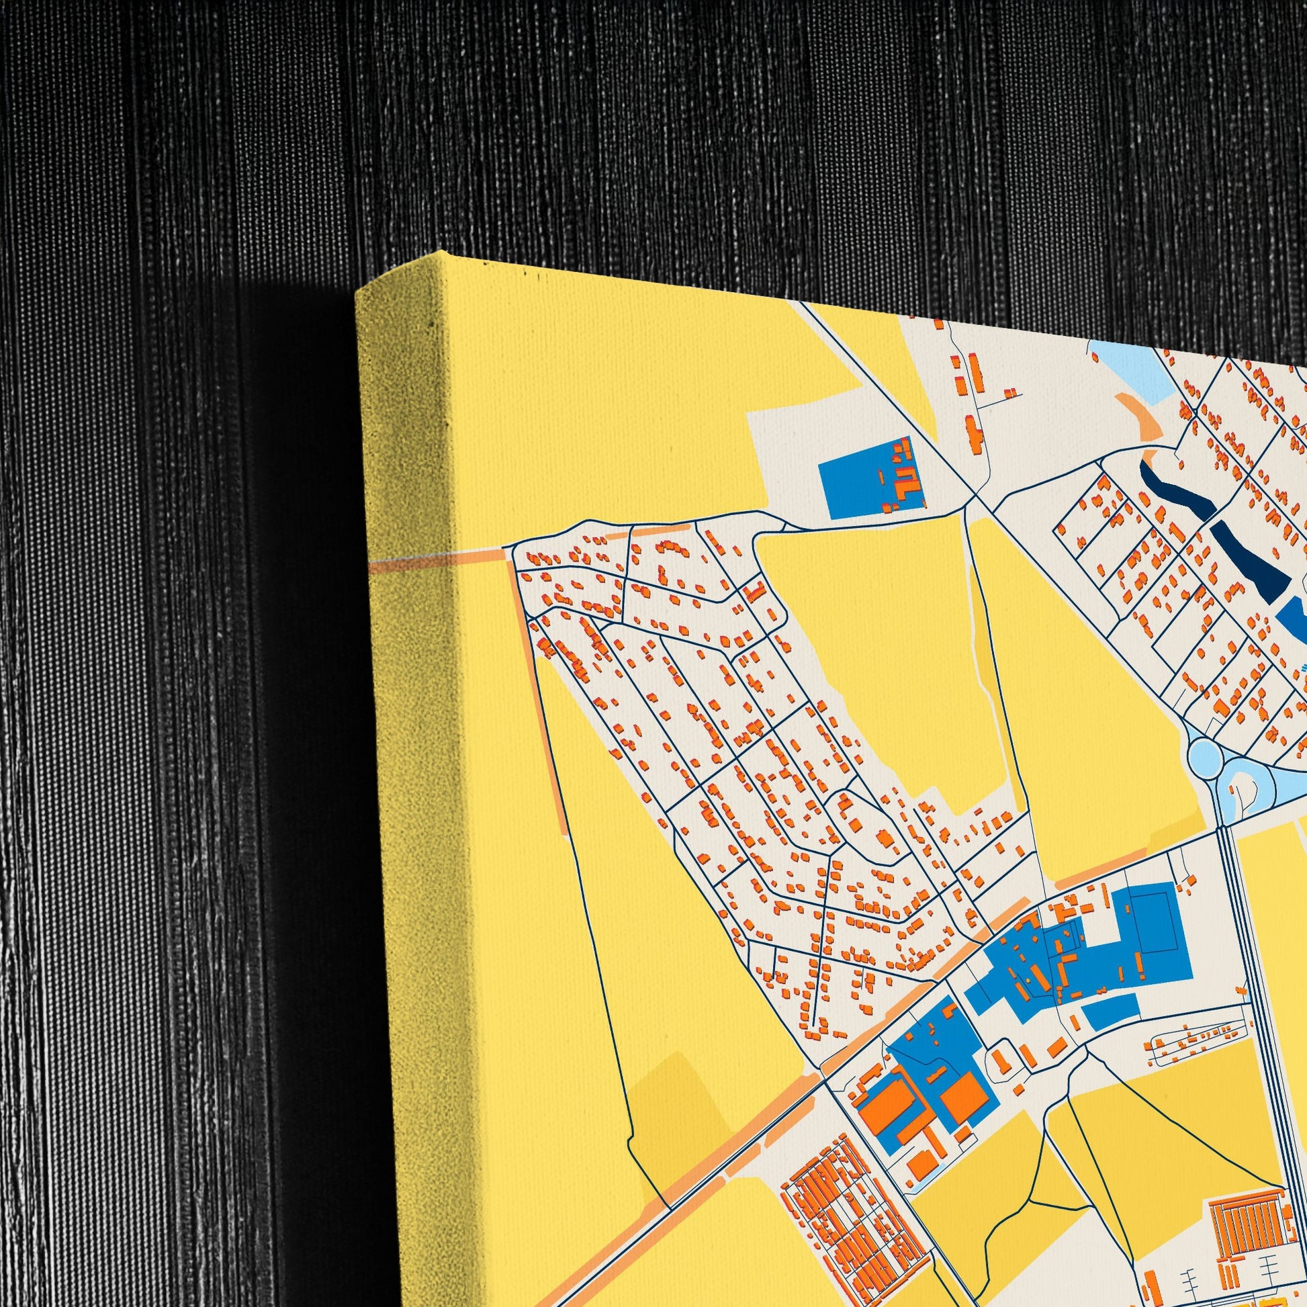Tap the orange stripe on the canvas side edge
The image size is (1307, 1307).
point(406,561)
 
